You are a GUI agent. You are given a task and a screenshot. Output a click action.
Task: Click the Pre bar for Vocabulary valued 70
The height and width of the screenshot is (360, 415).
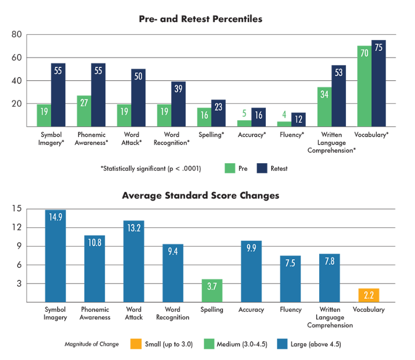tap(364, 86)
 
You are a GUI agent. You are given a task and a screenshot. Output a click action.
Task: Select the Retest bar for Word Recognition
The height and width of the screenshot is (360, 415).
tap(178, 104)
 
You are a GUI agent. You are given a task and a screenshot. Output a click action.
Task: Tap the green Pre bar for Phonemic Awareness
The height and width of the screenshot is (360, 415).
tap(84, 111)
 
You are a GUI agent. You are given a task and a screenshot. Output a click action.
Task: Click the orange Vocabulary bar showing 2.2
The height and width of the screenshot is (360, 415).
tap(369, 295)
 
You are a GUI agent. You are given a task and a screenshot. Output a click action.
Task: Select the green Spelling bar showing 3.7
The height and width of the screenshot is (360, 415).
tap(211, 290)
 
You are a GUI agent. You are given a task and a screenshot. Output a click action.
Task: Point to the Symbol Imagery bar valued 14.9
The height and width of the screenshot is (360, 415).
tap(56, 256)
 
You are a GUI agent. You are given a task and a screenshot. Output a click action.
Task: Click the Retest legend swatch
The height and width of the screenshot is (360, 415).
tap(262, 168)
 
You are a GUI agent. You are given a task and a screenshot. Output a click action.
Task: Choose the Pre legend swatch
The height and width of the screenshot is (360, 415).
tap(230, 168)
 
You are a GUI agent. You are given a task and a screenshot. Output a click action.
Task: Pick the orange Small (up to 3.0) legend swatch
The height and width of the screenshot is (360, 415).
tap(136, 344)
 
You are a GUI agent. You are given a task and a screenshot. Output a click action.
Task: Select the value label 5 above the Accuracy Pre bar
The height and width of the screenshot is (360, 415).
tap(244, 113)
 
